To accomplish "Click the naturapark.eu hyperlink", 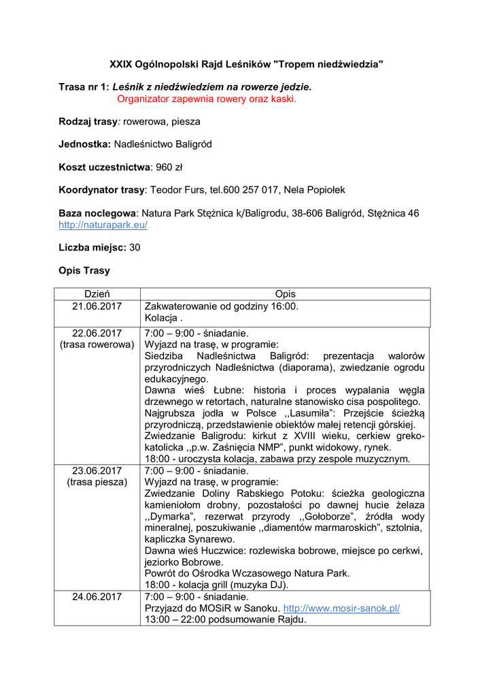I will (103, 225).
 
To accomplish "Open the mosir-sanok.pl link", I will (341, 608).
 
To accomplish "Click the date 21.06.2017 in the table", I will (97, 306).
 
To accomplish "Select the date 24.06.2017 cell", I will (97, 597).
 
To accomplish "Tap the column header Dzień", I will (97, 294).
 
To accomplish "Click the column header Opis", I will (285, 294).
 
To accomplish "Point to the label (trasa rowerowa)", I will (97, 345).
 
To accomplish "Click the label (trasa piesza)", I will (97, 483).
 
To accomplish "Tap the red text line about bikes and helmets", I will (207, 99).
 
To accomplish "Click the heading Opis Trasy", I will (84, 270).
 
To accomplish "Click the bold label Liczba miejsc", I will (92, 247).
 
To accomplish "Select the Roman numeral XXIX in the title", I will (121, 64).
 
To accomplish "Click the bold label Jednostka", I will (84, 144).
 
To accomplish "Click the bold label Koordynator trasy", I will (101, 190).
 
